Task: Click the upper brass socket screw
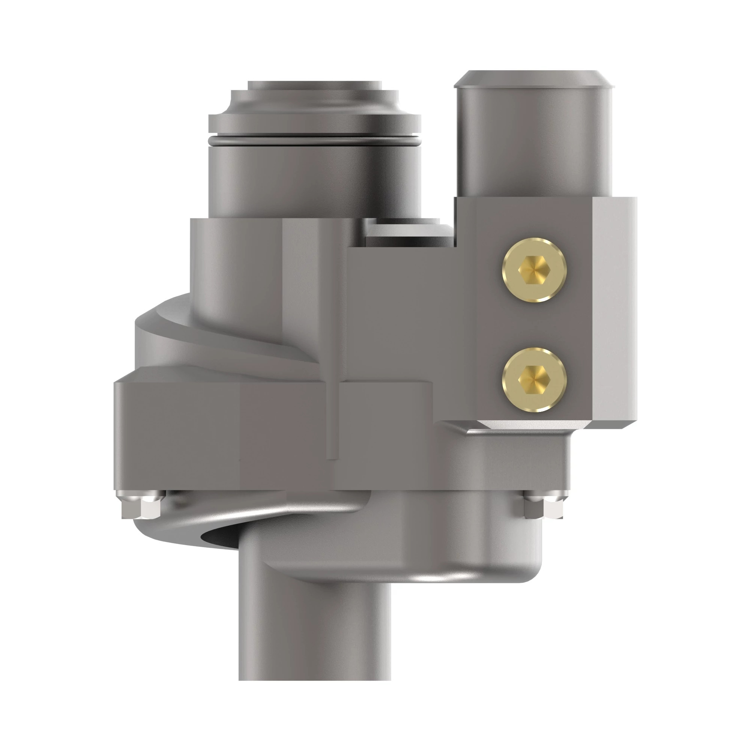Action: (x=534, y=269)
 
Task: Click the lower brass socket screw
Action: (x=534, y=379)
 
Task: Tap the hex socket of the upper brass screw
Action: (x=534, y=269)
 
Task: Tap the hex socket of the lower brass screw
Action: (x=534, y=379)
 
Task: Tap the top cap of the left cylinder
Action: (x=315, y=86)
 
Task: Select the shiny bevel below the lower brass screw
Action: (x=532, y=424)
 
